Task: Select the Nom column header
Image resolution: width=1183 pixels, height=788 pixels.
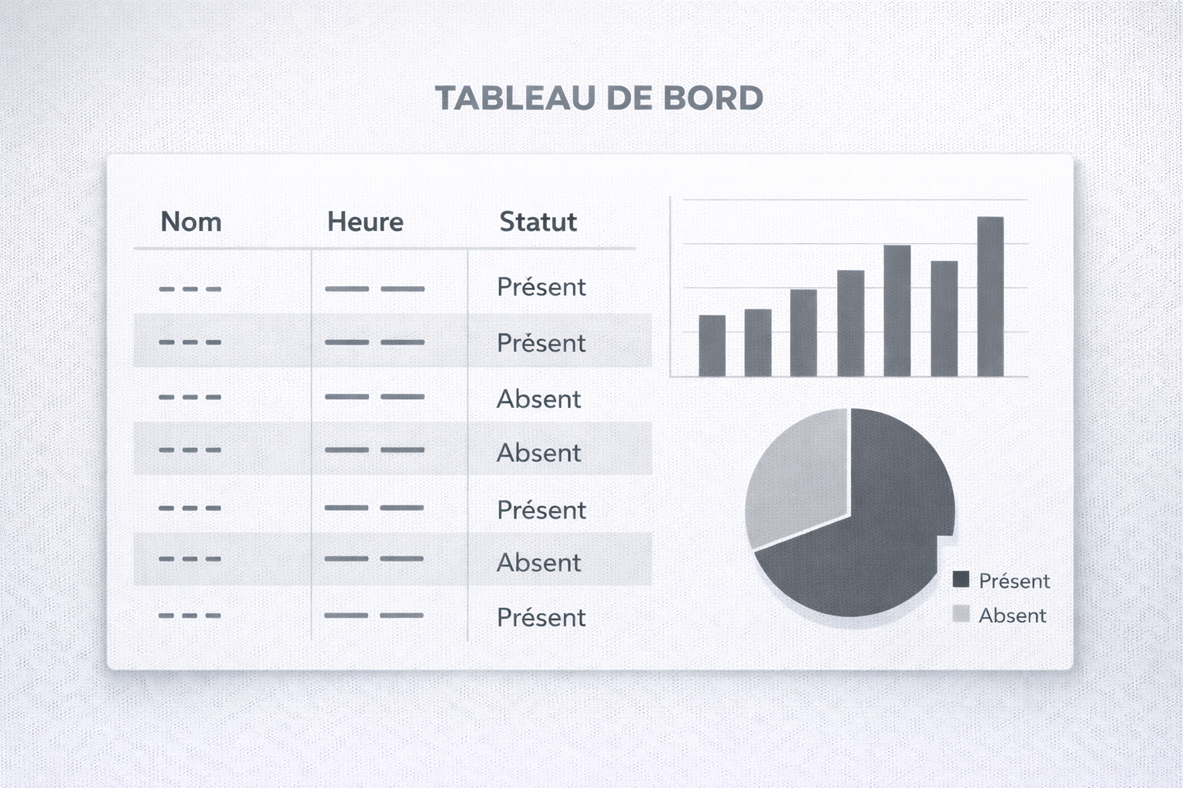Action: click(191, 222)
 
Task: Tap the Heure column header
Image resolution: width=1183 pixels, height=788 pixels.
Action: click(365, 222)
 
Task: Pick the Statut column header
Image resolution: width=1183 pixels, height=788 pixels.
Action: click(538, 222)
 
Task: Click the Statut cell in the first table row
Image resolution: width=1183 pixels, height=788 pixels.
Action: click(541, 287)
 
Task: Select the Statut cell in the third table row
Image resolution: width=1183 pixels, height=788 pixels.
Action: click(538, 399)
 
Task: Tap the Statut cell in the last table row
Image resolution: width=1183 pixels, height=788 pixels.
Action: click(541, 617)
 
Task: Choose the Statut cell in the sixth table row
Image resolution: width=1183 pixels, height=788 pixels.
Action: click(538, 563)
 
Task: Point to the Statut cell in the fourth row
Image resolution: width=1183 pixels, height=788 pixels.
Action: click(538, 452)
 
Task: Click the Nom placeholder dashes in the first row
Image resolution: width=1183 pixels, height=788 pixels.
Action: click(189, 289)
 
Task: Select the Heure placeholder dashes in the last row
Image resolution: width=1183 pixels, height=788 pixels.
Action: click(374, 616)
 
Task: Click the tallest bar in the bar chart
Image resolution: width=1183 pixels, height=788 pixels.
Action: click(990, 296)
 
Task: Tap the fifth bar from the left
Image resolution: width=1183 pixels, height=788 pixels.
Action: click(897, 310)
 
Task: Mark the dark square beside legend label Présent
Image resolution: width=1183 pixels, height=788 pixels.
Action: click(960, 579)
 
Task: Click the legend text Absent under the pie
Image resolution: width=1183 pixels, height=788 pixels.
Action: click(1012, 616)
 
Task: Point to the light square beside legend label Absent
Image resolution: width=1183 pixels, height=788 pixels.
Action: click(960, 614)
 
